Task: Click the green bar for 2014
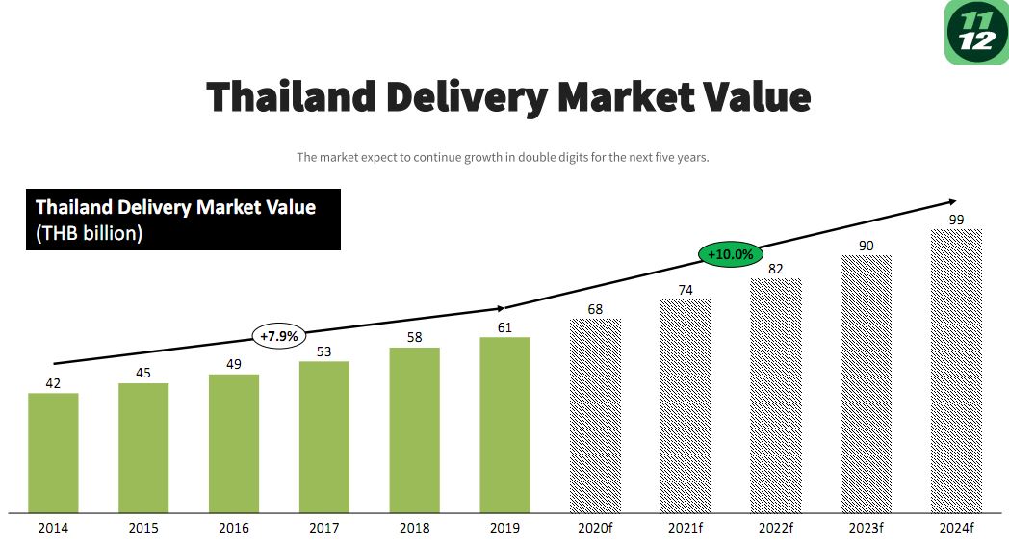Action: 53,453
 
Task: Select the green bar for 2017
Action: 324,437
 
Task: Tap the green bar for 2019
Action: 505,425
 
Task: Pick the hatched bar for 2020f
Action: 595,415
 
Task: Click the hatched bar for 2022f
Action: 776,396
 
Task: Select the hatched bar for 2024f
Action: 957,371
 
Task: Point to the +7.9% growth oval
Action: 278,336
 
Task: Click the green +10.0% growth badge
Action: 731,254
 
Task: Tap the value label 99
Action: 957,220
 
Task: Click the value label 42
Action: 53,383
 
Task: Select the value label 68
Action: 595,309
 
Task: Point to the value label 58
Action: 414,337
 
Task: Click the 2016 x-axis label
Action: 234,528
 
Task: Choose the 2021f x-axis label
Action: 686,528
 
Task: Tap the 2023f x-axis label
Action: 867,528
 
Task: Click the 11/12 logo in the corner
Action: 977,32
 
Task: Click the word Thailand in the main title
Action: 291,96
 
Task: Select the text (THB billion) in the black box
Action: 89,233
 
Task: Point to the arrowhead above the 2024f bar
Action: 953,202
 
